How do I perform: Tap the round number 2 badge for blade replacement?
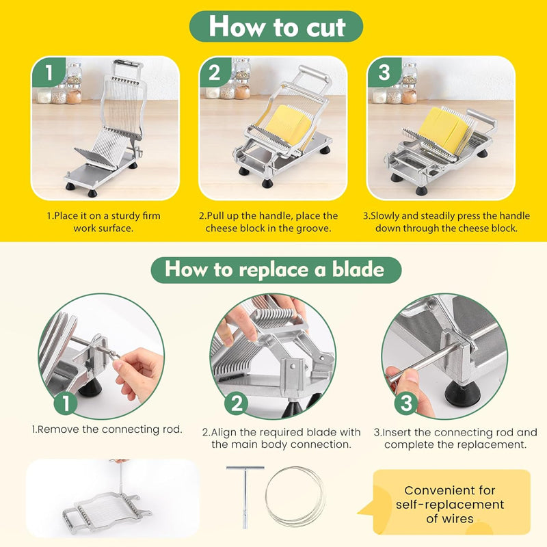[x=236, y=403]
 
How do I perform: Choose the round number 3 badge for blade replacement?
[x=406, y=403]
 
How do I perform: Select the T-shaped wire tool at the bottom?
[x=244, y=496]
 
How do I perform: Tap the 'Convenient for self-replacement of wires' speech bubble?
[x=449, y=505]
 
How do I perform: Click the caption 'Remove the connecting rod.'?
[x=107, y=430]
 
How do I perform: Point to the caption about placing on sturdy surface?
[x=103, y=222]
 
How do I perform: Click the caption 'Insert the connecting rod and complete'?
[x=455, y=438]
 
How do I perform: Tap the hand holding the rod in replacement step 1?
[x=139, y=369]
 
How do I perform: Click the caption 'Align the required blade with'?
[x=281, y=438]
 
